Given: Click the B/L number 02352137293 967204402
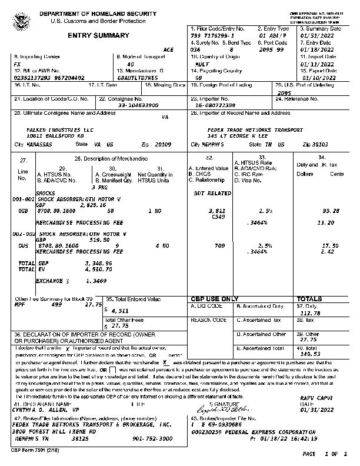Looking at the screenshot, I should (x=49, y=77).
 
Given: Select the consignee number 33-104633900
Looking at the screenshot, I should (x=138, y=105).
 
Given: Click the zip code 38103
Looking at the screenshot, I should (x=314, y=144).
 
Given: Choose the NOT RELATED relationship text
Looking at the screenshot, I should (x=212, y=193).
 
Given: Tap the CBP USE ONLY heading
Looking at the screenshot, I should (x=214, y=299).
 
